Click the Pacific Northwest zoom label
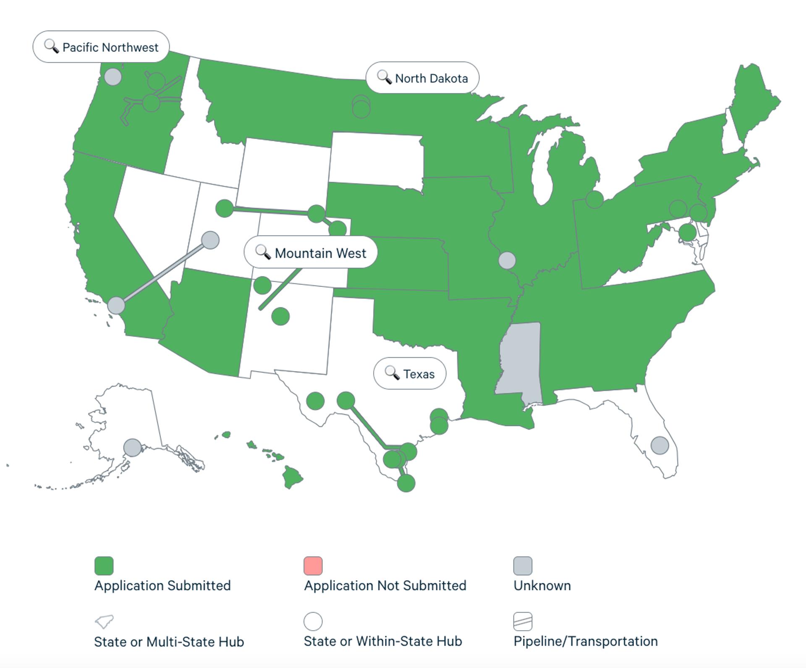(101, 47)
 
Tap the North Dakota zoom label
(422, 78)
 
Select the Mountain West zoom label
(311, 253)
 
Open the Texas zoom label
(410, 374)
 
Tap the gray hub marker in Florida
(659, 445)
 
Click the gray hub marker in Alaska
(133, 448)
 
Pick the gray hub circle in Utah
(210, 240)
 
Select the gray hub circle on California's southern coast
(116, 305)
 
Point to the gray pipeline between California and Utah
(163, 273)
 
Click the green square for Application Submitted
(104, 566)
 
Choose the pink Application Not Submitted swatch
(313, 566)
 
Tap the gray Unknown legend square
(523, 566)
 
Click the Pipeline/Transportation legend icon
(523, 621)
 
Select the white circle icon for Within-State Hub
(313, 621)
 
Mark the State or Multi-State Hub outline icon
(104, 621)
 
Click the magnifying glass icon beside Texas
(392, 373)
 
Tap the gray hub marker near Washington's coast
(113, 77)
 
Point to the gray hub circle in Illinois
(507, 260)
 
